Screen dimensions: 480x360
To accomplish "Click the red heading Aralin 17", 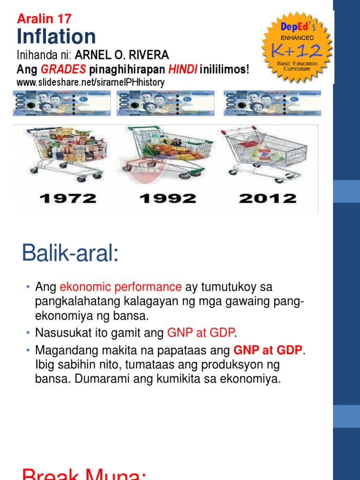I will [x=44, y=19].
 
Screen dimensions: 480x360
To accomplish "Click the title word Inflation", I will [x=56, y=37].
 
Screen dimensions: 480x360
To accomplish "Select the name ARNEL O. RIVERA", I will [x=119, y=55].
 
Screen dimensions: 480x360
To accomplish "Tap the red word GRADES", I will [x=63, y=69].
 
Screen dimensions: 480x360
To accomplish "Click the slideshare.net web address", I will [x=90, y=82].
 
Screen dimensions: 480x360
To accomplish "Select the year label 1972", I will [x=68, y=198].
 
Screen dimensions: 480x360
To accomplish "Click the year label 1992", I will [x=168, y=198].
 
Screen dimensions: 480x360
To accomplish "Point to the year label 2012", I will [x=268, y=198].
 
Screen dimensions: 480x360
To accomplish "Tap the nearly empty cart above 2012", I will [x=265, y=155].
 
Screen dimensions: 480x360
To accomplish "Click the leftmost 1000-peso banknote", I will [x=61, y=103].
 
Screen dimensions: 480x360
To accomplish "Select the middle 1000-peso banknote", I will [x=167, y=103].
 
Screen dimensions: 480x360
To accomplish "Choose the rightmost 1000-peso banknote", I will [x=273, y=103].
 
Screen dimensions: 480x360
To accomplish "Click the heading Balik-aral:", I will [x=70, y=255].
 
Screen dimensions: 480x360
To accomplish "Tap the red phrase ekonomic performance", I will [x=120, y=286].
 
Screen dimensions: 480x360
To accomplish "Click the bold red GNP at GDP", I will [x=268, y=350].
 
